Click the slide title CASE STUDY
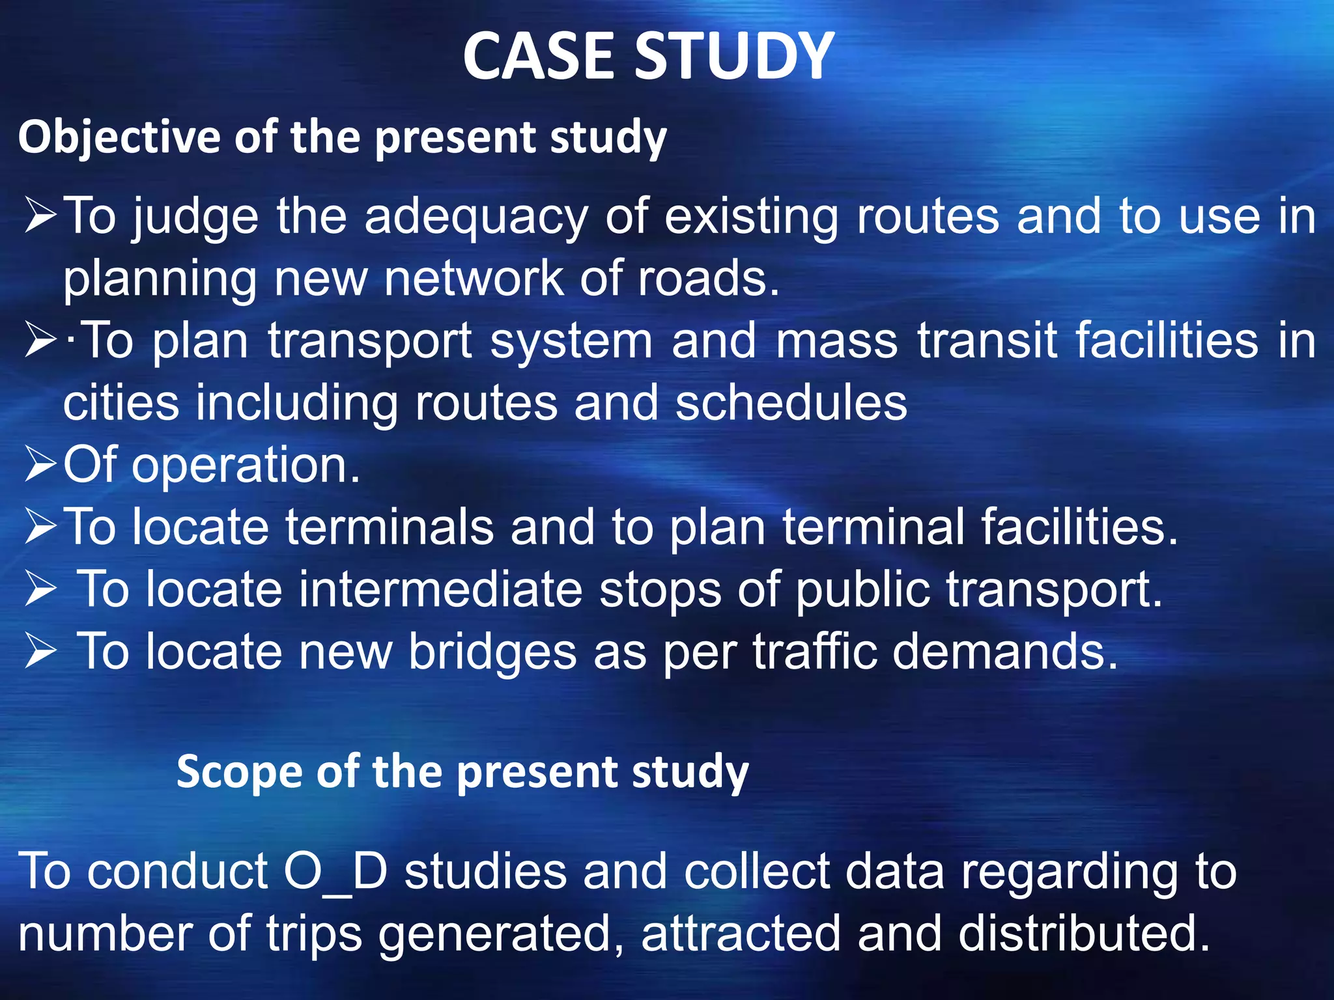[648, 57]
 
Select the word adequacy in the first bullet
[475, 217]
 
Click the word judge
[195, 217]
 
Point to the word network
[473, 279]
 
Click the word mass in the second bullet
[836, 341]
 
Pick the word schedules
[791, 404]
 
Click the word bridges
[492, 652]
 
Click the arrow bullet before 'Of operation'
[40, 466]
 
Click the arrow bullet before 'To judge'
[40, 217]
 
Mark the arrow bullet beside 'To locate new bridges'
[40, 652]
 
